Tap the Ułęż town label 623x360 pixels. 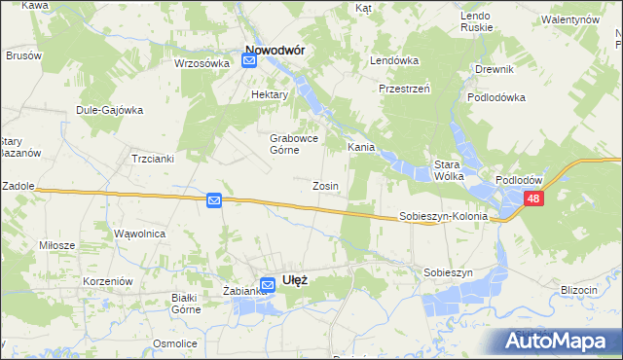295,279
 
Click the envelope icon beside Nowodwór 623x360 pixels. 248,60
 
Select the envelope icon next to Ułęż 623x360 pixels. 267,285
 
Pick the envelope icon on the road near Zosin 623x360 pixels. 214,200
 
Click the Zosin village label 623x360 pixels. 325,186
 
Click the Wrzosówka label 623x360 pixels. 201,63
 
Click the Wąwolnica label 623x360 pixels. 140,234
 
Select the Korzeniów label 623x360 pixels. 107,280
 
